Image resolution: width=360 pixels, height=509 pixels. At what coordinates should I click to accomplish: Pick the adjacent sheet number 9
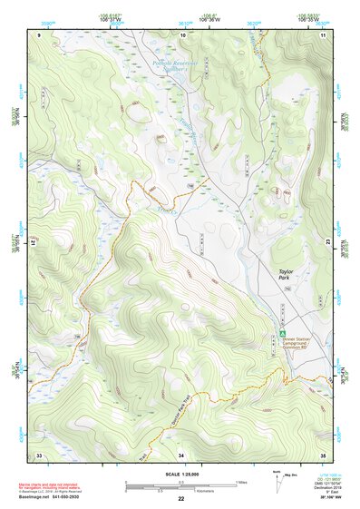click(x=40, y=34)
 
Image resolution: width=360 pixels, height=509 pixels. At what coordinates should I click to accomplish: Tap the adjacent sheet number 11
click(x=322, y=34)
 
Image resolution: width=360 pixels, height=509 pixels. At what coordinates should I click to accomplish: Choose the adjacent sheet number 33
click(x=39, y=454)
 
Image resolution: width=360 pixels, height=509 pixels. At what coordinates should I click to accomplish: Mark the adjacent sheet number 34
click(x=180, y=454)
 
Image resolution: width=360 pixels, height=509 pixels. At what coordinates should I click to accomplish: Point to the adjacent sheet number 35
click(x=322, y=454)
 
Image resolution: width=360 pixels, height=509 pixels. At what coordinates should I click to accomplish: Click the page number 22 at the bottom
click(x=180, y=499)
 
